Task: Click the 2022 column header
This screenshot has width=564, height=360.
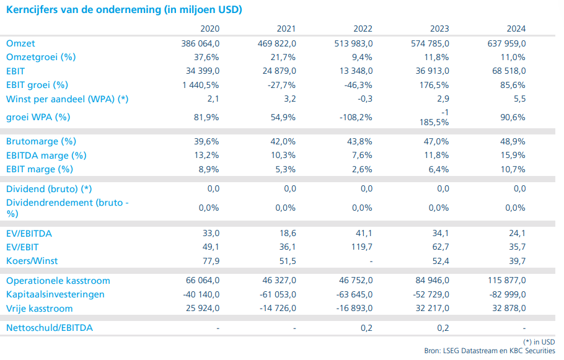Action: click(363, 29)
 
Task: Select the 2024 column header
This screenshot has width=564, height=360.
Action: click(516, 29)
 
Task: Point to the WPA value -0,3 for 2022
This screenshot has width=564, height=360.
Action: click(365, 99)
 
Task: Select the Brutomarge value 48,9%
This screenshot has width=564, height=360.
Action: click(513, 142)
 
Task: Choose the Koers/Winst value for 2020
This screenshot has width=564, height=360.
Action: click(211, 261)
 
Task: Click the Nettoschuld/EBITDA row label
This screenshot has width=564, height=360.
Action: click(50, 328)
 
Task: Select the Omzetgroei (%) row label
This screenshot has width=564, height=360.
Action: click(41, 57)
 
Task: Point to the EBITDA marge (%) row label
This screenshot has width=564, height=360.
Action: click(46, 156)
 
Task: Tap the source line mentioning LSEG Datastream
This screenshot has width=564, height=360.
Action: click(490, 351)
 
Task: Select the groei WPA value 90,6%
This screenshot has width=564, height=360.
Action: click(513, 117)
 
